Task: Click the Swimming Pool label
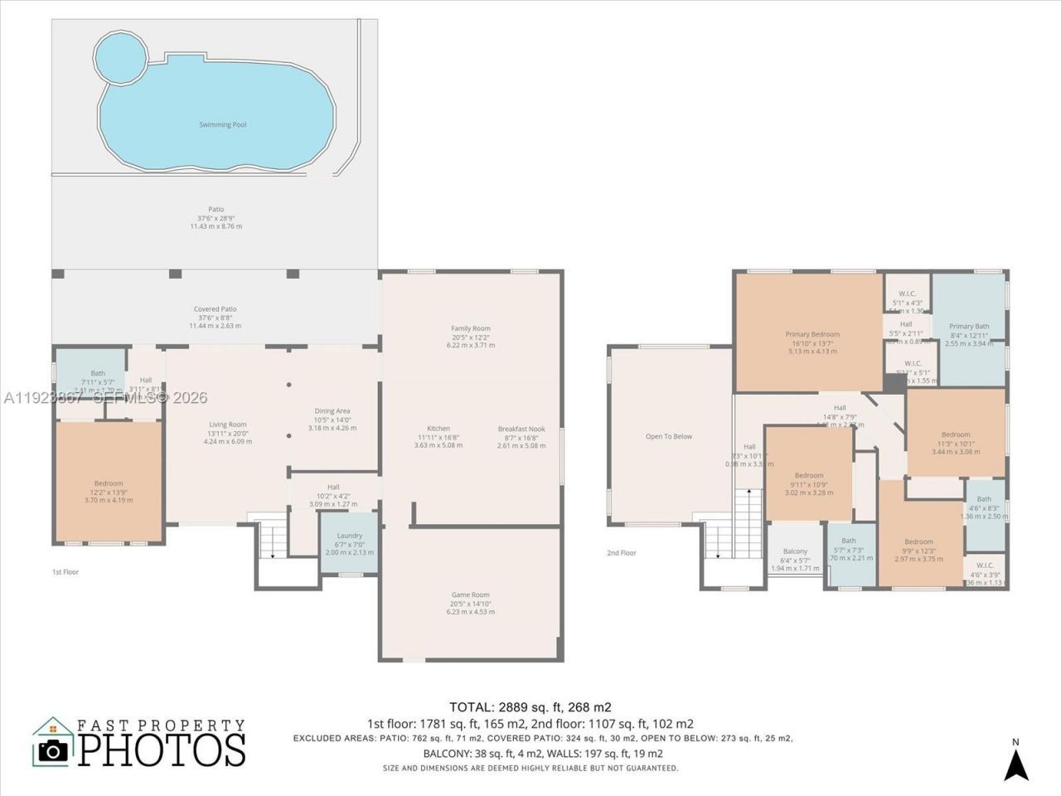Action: [222, 124]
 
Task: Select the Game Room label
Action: [470, 595]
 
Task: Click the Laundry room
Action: [349, 542]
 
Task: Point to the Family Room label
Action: [470, 328]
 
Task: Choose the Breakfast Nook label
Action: [521, 429]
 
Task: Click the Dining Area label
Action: [332, 410]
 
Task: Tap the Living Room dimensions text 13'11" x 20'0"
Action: [227, 433]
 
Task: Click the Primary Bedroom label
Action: [812, 334]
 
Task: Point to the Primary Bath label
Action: [969, 327]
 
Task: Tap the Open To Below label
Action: [668, 436]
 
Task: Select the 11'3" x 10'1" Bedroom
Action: [956, 434]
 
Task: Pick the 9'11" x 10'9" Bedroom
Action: [809, 475]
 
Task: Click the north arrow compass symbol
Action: [1016, 760]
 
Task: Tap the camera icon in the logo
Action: [53, 750]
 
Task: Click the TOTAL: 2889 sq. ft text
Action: [530, 707]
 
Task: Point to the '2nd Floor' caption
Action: [622, 552]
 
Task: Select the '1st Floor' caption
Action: [65, 571]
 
